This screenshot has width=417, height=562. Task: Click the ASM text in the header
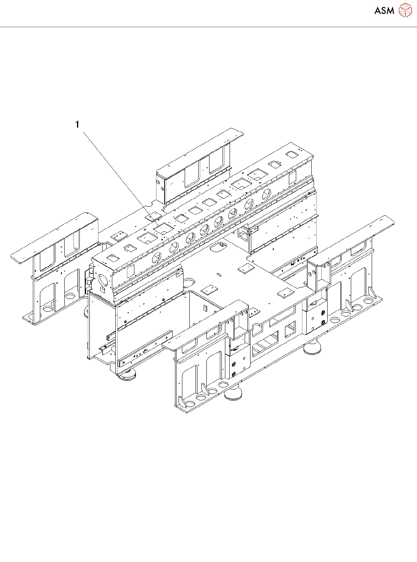pos(384,10)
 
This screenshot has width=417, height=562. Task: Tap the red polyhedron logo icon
pos(405,10)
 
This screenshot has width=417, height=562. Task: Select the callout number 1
pos(77,124)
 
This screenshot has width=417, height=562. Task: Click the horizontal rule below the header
pos(208,27)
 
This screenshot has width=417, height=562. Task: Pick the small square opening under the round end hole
pos(103,289)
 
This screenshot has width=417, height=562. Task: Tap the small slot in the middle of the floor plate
pos(220,274)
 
